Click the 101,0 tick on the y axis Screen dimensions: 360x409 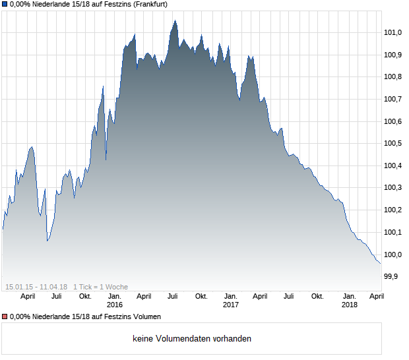393,32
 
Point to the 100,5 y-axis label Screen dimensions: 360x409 393,143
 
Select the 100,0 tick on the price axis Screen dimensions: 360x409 393,255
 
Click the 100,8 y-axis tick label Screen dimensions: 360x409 393,76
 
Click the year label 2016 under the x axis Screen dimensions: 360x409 115,305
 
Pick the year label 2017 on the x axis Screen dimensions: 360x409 231,305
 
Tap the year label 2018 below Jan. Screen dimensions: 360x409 350,305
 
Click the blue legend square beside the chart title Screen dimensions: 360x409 5,4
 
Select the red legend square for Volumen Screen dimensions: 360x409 5,317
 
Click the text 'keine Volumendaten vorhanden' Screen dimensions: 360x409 192,339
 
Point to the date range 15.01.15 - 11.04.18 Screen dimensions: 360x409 36,287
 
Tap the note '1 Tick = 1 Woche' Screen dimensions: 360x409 101,287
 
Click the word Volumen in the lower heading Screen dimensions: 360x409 146,317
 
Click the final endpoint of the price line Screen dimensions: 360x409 381,264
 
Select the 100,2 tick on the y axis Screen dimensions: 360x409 393,210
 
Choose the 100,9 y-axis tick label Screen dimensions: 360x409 393,55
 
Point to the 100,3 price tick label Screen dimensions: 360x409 393,188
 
